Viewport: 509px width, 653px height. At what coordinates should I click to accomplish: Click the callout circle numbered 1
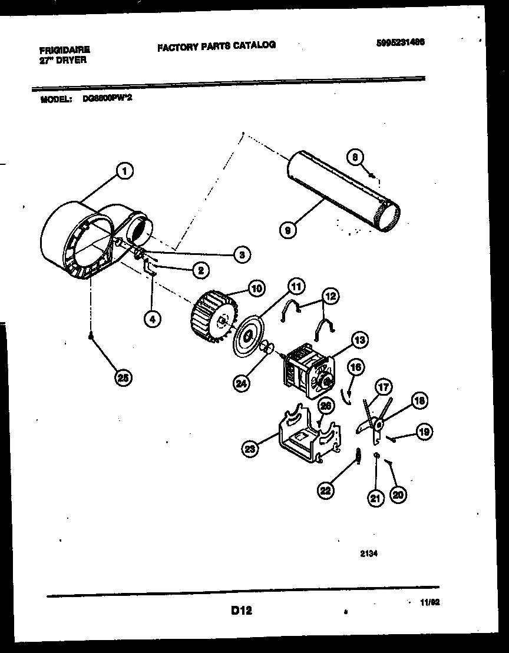point(123,171)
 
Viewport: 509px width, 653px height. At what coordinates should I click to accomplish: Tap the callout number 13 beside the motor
point(359,339)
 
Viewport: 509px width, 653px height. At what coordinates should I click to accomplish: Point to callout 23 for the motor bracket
point(250,449)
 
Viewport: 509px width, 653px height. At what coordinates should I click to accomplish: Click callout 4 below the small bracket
point(153,319)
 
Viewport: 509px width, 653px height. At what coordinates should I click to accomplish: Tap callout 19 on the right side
point(423,432)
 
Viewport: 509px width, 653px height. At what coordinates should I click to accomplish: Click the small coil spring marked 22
point(357,455)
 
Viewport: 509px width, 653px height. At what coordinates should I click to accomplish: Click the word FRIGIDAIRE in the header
point(65,51)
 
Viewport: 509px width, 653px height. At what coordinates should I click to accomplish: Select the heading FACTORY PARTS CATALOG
point(216,45)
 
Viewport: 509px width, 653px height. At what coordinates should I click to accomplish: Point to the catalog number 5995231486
point(400,42)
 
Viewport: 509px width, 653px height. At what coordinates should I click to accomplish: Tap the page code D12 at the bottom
point(241,611)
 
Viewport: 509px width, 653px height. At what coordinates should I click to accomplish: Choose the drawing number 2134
point(368,553)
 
